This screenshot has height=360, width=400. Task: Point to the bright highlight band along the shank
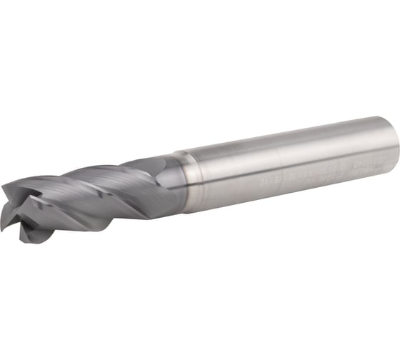286,154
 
